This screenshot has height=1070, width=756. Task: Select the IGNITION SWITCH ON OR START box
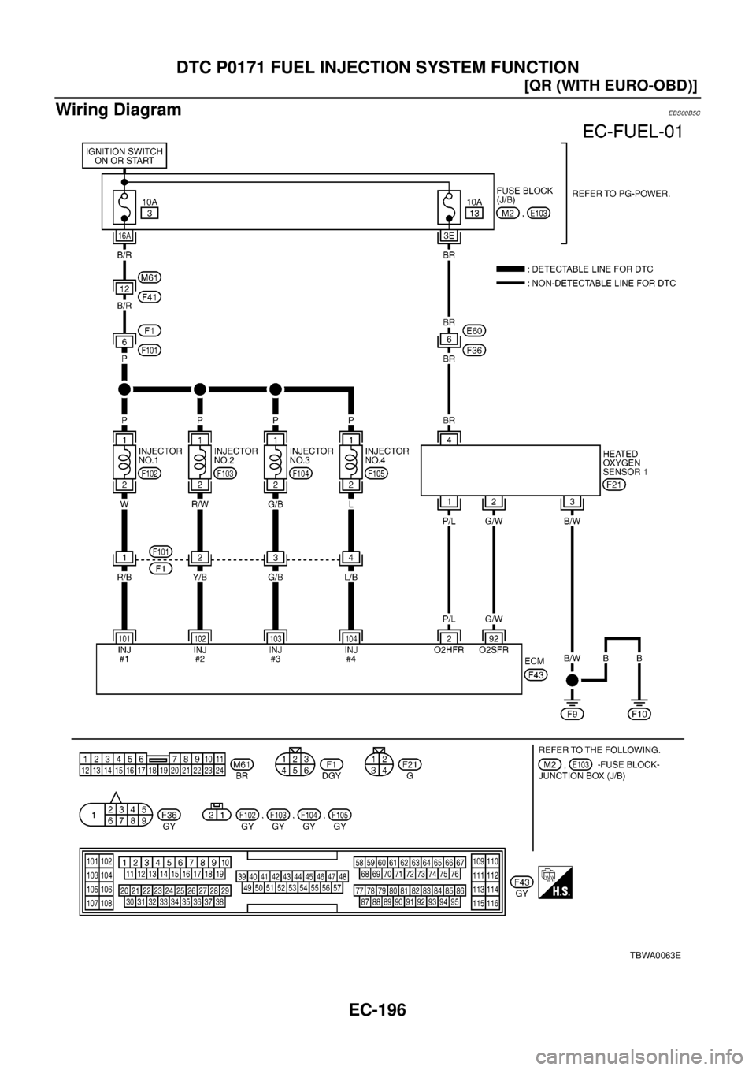coord(124,155)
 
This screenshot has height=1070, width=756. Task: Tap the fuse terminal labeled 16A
coord(124,236)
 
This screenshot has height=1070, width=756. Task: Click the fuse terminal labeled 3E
coord(448,236)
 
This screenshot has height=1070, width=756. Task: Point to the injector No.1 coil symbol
coord(124,460)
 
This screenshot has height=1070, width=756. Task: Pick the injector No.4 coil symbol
coord(351,460)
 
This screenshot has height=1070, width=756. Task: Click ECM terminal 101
coord(124,636)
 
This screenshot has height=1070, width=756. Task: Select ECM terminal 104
coord(351,636)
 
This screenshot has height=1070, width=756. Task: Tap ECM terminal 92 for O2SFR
coord(494,636)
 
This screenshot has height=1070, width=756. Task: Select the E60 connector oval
coord(475,330)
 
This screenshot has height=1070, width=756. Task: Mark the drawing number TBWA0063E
coord(654,954)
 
